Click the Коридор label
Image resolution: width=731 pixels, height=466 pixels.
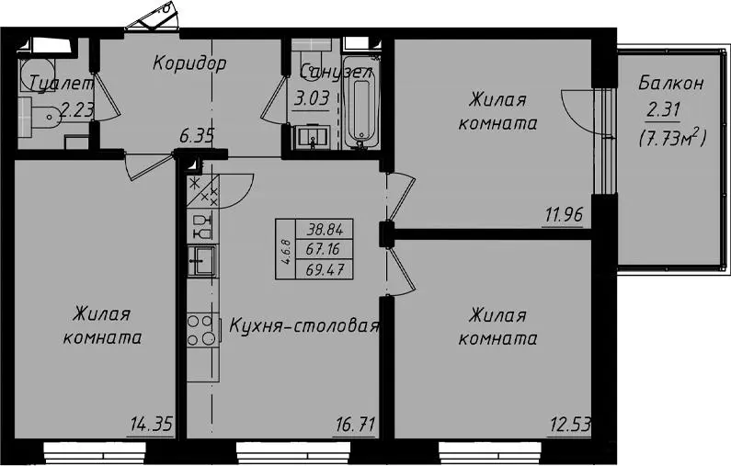(189, 63)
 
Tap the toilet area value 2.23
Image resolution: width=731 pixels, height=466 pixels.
(77, 110)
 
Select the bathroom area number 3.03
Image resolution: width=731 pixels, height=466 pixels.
(312, 98)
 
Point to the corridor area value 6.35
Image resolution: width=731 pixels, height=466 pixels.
(197, 136)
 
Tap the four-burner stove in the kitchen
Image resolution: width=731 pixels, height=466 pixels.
(202, 331)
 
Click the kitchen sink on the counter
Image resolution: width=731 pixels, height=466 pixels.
(202, 260)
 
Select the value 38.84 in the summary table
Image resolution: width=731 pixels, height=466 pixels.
(325, 229)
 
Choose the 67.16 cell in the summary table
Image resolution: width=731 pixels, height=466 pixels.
(323, 249)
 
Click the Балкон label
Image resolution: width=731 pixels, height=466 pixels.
(670, 84)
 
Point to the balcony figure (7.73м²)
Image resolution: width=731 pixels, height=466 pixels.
(672, 138)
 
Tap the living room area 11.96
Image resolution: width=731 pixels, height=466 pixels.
(564, 215)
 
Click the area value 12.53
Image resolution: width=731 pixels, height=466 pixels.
(570, 425)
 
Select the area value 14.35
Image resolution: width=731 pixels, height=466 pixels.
(152, 425)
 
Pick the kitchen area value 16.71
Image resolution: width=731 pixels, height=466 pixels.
(355, 425)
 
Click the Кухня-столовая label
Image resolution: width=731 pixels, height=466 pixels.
(304, 325)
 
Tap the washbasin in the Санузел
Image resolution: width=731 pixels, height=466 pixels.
(312, 138)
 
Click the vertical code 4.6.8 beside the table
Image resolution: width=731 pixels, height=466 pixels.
(286, 252)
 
